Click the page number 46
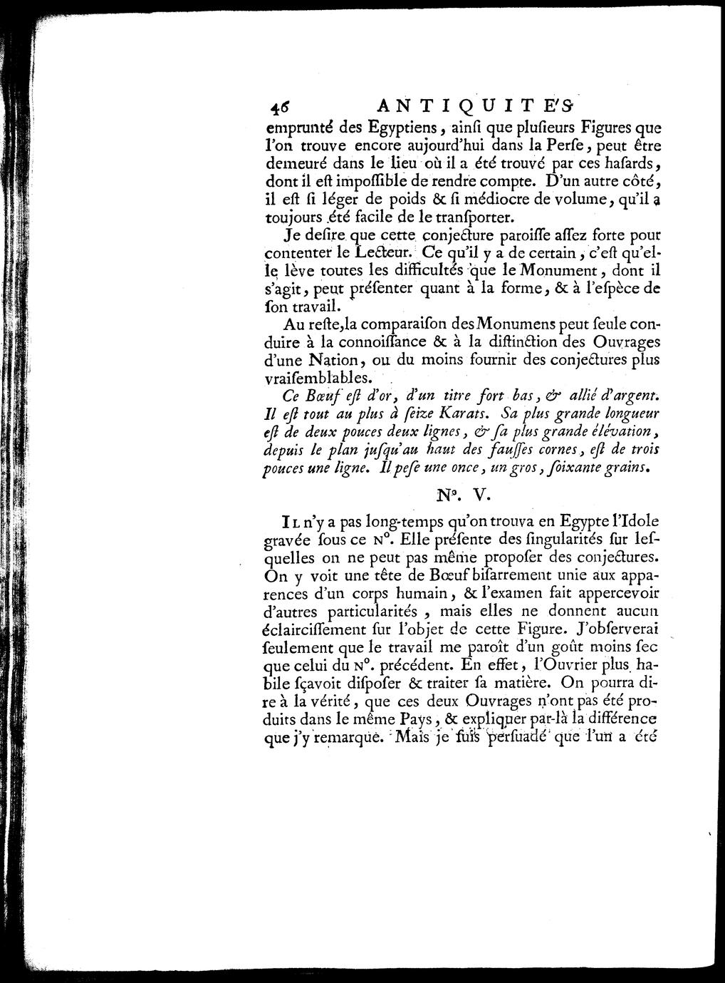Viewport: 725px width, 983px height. pos(276,107)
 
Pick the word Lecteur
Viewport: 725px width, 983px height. pos(383,253)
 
